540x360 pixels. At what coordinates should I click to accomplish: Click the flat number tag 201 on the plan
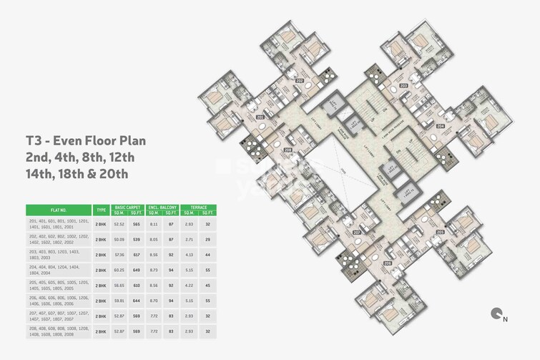click(260, 117)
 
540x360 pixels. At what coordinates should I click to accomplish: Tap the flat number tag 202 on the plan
click(299, 80)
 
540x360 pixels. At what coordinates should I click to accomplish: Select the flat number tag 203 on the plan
click(403, 86)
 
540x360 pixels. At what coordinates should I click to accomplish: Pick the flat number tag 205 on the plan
click(440, 233)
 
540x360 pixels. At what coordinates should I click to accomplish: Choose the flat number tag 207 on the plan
click(356, 233)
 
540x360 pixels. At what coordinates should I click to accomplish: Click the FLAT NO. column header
click(58, 210)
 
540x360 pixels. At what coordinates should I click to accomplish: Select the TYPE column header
click(101, 210)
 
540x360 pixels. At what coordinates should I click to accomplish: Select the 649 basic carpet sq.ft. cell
click(136, 270)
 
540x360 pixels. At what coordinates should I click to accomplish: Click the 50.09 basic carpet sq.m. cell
click(119, 240)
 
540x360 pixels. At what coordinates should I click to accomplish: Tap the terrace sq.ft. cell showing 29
click(206, 240)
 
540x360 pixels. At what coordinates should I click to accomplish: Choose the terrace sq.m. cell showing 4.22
click(189, 285)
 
